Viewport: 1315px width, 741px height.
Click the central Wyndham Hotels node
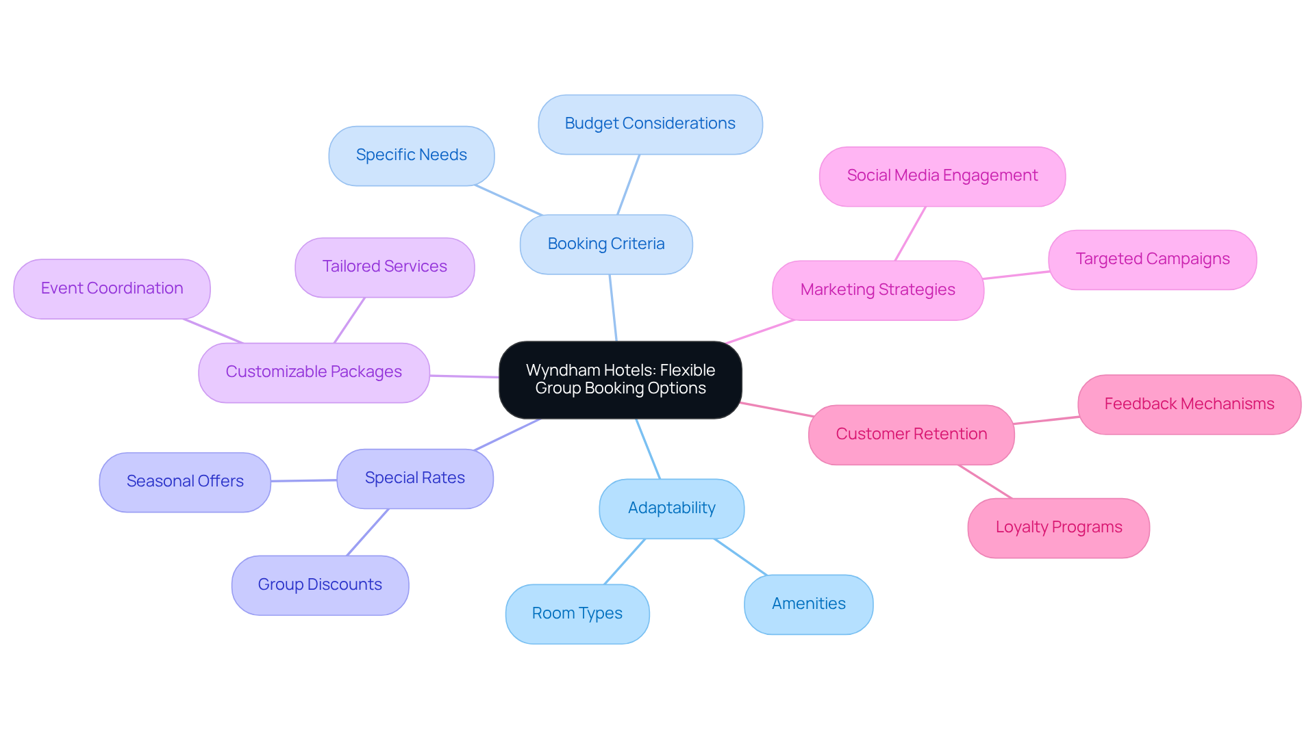click(620, 380)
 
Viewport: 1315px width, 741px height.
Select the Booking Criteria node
click(606, 244)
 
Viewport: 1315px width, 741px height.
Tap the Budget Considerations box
click(650, 124)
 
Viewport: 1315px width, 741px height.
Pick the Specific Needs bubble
click(411, 155)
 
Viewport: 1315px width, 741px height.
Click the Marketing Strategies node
click(877, 290)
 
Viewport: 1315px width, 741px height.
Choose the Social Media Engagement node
click(942, 176)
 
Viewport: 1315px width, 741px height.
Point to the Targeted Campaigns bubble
click(1152, 259)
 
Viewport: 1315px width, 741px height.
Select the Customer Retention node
click(911, 434)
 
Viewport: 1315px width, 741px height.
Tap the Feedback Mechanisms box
click(1189, 404)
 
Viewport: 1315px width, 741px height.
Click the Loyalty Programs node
click(1058, 528)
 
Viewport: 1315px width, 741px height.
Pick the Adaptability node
click(671, 508)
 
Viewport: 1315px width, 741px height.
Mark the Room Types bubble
click(577, 614)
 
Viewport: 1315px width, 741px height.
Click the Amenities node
click(808, 604)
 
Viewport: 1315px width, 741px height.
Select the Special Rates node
click(414, 478)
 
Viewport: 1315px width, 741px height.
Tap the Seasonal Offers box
click(185, 482)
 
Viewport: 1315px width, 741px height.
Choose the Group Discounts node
click(320, 585)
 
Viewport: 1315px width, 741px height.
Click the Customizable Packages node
click(314, 372)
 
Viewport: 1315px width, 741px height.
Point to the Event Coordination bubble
click(112, 289)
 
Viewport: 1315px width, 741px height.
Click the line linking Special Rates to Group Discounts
click(368, 532)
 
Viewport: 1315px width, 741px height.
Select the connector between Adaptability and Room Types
click(625, 562)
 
